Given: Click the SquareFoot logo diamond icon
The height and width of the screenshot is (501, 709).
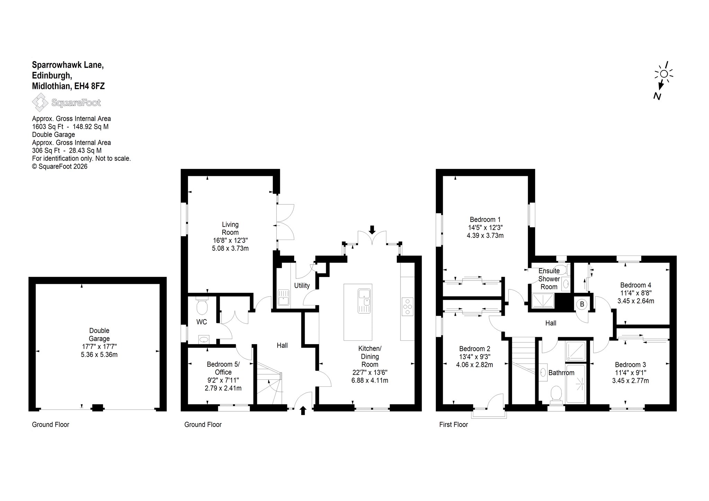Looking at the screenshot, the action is pyautogui.click(x=41, y=103).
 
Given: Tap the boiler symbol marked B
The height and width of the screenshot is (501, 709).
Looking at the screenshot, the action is pyautogui.click(x=582, y=304).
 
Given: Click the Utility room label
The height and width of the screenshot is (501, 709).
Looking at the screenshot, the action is pyautogui.click(x=302, y=286).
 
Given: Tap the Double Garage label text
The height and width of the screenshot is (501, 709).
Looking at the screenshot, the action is pyautogui.click(x=99, y=335).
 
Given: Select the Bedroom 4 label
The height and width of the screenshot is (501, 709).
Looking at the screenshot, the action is pyautogui.click(x=636, y=285).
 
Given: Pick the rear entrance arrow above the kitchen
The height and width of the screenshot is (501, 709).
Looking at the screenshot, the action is pyautogui.click(x=372, y=230).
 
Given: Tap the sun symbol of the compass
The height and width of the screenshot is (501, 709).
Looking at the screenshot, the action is pyautogui.click(x=664, y=74).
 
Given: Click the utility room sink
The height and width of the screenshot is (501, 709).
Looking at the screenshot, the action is pyautogui.click(x=284, y=297).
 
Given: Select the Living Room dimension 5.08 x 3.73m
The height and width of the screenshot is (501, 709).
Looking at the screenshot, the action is pyautogui.click(x=230, y=248).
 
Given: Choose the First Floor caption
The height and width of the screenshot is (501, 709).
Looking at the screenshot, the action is pyautogui.click(x=454, y=424).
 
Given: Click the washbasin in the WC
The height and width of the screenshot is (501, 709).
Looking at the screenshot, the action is pyautogui.click(x=204, y=339).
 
